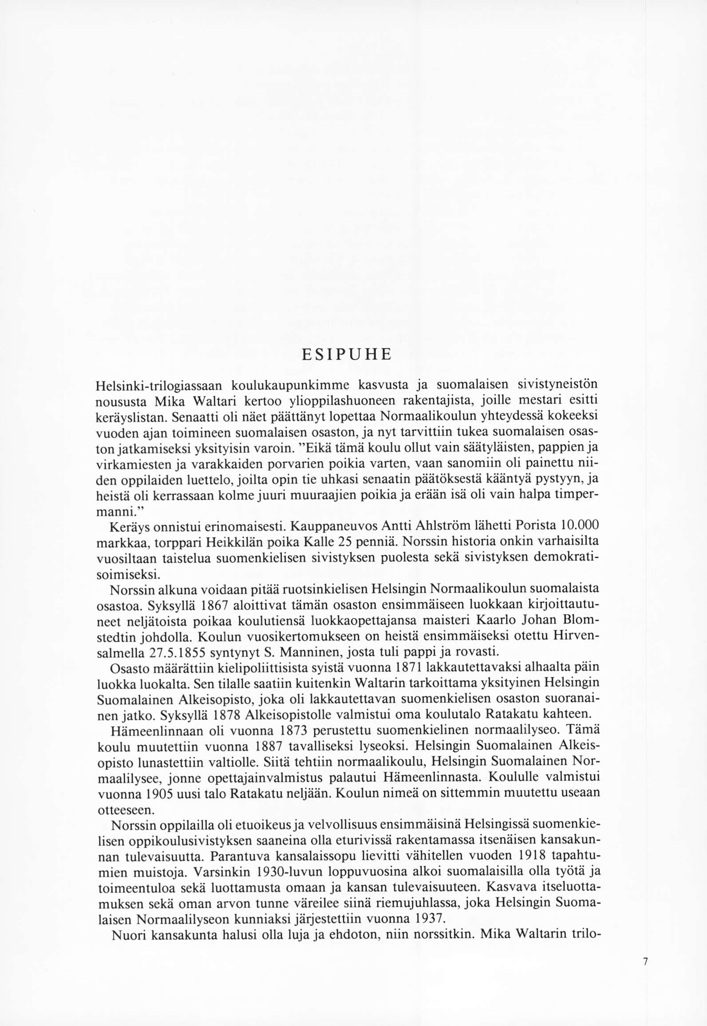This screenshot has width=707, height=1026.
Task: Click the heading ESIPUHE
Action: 346,355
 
